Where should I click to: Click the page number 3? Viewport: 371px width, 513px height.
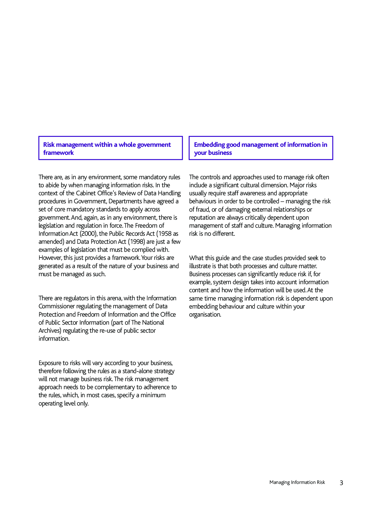coord(341,483)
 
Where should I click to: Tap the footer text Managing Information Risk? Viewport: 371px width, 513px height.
coord(297,482)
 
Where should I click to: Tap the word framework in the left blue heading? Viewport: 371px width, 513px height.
coord(59,153)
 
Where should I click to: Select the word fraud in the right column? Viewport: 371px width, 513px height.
coord(202,209)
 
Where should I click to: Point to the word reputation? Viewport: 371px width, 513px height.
coord(203,218)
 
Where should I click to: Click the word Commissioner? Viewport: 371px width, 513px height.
coord(57,306)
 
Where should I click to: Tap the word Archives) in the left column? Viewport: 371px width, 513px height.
coord(50,330)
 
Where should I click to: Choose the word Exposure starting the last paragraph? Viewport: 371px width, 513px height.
coord(49,363)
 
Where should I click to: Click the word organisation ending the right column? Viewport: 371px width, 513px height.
coord(205,314)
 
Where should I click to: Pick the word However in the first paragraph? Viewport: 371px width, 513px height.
coord(50,258)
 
